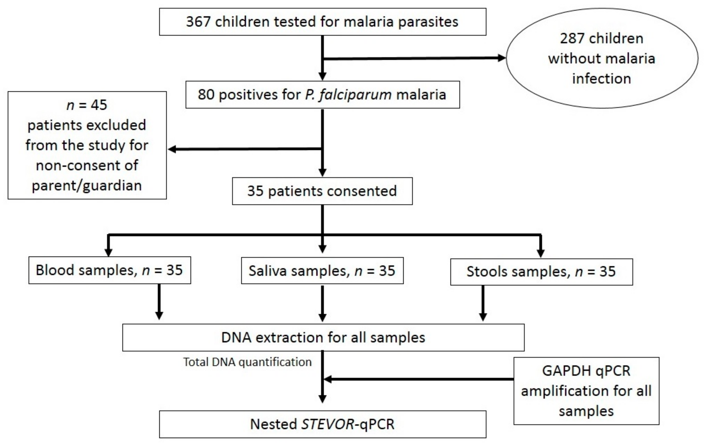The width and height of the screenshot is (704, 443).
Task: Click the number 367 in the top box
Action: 198,22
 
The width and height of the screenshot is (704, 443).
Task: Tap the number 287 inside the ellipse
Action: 572,38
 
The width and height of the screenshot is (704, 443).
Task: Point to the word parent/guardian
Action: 87,185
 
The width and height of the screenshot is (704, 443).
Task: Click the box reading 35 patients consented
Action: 322,191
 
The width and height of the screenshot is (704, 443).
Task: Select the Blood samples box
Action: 109,270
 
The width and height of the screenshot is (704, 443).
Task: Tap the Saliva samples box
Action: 322,271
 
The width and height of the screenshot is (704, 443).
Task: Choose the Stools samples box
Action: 541,272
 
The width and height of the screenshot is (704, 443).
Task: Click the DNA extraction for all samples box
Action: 323,338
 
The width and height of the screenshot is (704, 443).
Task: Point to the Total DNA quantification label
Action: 247,362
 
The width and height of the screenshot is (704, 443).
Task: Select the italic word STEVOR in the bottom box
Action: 327,424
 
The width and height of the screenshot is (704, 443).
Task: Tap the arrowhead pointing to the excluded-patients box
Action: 172,149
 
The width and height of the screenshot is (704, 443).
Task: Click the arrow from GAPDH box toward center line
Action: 418,379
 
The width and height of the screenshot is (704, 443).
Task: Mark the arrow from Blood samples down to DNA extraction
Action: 159,302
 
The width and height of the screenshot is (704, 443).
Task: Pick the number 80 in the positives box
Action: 206,95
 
